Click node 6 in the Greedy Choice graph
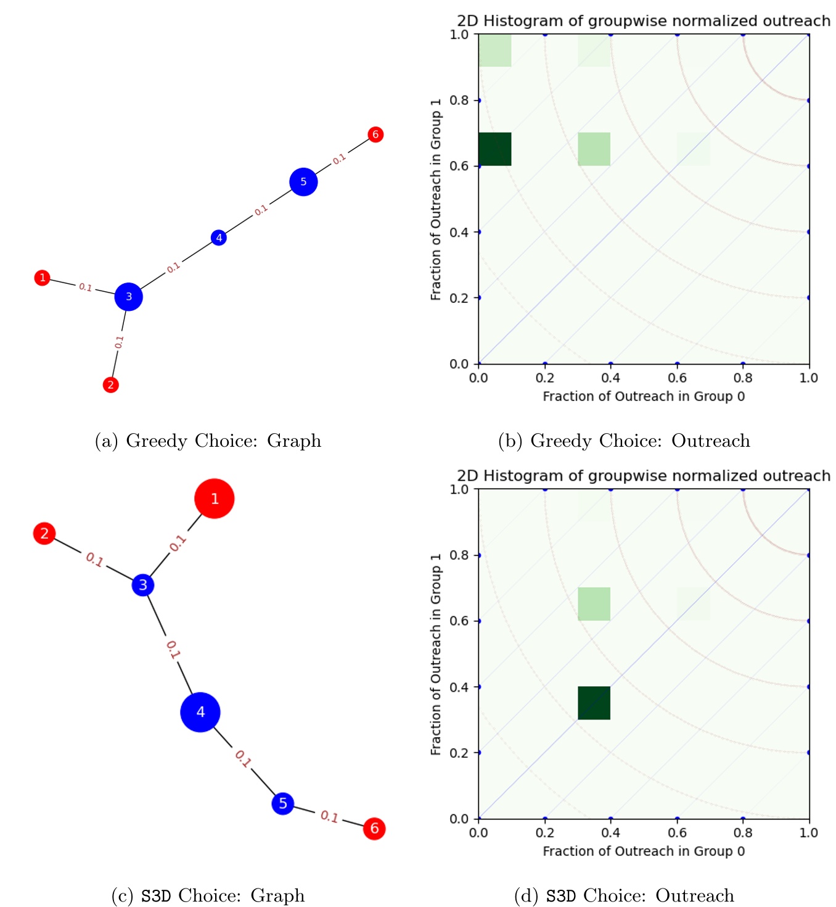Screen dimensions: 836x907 (x=375, y=135)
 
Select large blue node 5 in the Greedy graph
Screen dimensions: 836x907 (x=303, y=182)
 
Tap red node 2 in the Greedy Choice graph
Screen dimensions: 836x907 (x=110, y=384)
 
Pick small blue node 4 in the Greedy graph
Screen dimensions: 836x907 (x=219, y=238)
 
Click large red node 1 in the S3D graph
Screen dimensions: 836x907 (x=214, y=499)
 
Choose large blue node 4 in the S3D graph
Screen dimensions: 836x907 (x=200, y=712)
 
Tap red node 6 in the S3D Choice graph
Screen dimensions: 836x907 (x=374, y=829)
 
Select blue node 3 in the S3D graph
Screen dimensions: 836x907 (x=143, y=584)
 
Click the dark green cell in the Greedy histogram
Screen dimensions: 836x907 (x=494, y=149)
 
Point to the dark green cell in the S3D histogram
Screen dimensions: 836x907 (x=594, y=703)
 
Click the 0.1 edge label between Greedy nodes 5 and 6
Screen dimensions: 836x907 (x=338, y=159)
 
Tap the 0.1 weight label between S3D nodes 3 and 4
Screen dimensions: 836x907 (x=173, y=650)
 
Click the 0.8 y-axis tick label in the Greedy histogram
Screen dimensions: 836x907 (x=459, y=100)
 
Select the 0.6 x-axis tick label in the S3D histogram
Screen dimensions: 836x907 (x=677, y=832)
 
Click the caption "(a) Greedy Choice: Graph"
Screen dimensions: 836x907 (x=208, y=441)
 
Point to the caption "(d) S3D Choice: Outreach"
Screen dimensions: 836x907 (x=625, y=895)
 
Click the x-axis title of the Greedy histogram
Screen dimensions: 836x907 (x=644, y=396)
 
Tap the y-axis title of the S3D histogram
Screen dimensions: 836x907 (x=436, y=655)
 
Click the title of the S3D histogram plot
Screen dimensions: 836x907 (x=644, y=476)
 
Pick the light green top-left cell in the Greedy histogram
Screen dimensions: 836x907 (x=494, y=50)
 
